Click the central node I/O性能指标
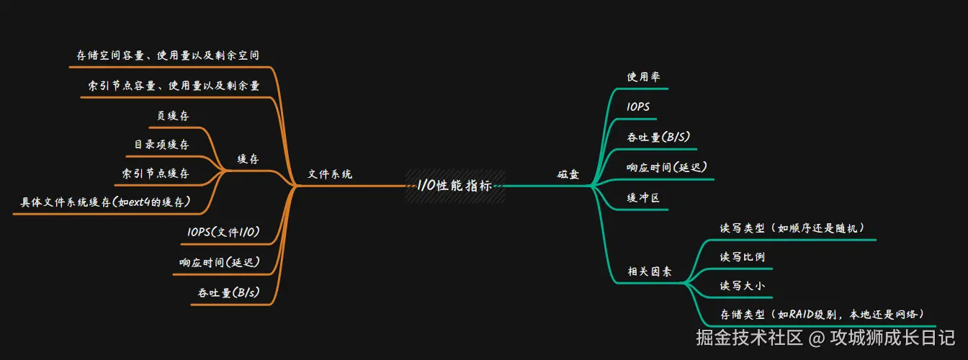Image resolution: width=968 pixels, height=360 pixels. [454, 186]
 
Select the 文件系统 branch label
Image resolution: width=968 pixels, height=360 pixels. [331, 174]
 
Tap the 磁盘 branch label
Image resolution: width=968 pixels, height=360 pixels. [568, 174]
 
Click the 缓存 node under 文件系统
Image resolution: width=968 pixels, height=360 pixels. [248, 159]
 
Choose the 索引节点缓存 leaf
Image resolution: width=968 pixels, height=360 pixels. [156, 174]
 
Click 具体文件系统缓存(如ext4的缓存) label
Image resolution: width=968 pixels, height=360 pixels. [105, 202]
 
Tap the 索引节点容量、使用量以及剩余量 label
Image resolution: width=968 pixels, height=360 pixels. [174, 86]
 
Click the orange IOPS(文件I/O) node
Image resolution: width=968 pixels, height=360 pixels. [223, 232]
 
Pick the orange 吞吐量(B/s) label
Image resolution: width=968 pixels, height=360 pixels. [229, 292]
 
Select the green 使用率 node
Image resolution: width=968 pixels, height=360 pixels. [642, 76]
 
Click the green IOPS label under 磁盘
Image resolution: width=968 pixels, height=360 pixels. [638, 107]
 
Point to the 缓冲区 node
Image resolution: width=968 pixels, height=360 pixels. [643, 197]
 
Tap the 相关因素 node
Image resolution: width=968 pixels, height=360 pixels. [650, 272]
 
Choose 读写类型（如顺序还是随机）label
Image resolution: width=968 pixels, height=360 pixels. [792, 228]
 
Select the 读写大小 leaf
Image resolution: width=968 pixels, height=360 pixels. [742, 286]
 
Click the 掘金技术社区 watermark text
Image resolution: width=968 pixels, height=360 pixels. [749, 337]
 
